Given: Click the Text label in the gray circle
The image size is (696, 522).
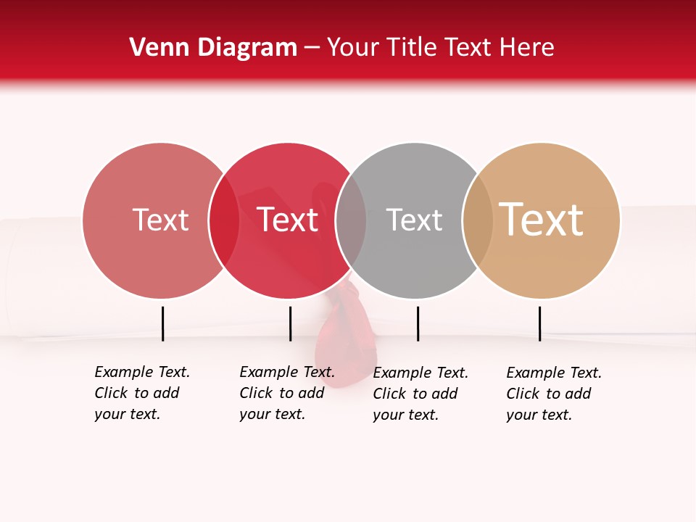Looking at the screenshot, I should (414, 220).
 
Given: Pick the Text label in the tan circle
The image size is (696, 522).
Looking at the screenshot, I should (541, 220).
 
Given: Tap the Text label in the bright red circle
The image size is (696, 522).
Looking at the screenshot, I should (288, 220).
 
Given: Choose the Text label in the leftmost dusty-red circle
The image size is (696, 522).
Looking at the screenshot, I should (161, 220).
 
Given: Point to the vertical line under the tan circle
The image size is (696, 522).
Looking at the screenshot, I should (540, 323).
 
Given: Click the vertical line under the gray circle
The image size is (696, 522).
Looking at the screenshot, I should (418, 323).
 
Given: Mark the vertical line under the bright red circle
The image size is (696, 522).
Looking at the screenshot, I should (290, 323).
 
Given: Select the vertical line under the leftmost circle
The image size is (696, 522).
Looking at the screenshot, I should (163, 323).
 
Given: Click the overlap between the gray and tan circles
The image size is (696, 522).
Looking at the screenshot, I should (478, 220).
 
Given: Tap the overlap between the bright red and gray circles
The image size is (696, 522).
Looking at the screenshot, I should (351, 220).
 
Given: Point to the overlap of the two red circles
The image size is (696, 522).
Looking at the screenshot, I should (224, 220).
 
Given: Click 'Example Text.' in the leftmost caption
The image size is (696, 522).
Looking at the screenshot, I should (142, 372).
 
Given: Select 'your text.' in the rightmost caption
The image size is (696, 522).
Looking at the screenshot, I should (539, 415).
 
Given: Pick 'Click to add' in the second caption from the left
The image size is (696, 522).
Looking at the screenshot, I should (281, 393).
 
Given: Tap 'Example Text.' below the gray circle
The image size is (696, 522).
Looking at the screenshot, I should (420, 373).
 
